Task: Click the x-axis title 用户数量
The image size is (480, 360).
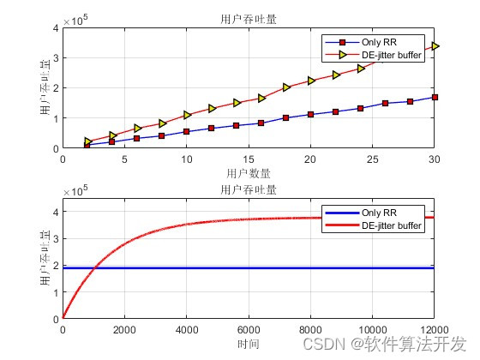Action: [x=248, y=173]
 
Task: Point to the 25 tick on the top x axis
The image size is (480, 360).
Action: [x=372, y=159]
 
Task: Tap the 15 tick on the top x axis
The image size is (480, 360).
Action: [x=248, y=159]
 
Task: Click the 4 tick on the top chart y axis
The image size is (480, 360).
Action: [x=55, y=28]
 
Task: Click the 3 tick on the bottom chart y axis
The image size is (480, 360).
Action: [x=55, y=241]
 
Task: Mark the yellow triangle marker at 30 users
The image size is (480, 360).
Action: [x=435, y=46]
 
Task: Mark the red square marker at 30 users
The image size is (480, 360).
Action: [x=435, y=97]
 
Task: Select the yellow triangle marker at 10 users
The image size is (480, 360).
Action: [x=187, y=115]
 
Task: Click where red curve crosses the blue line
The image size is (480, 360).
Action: [x=93, y=268]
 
